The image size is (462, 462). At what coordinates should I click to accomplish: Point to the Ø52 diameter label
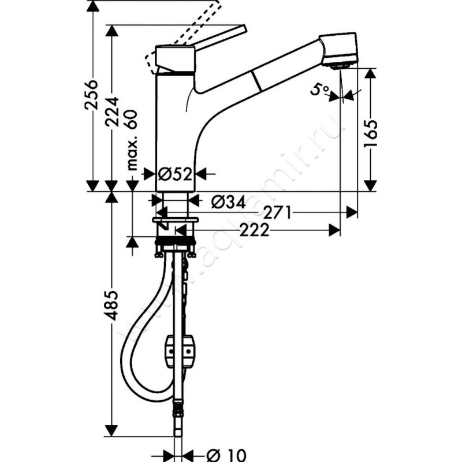175,173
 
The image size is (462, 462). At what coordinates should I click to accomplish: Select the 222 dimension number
255,230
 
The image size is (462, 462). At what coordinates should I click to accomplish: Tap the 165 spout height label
371,133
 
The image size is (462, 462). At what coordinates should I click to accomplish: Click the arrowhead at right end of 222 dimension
334,230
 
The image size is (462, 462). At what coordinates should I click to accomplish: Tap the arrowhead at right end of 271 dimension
352,213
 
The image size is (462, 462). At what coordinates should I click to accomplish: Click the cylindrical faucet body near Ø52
176,133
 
